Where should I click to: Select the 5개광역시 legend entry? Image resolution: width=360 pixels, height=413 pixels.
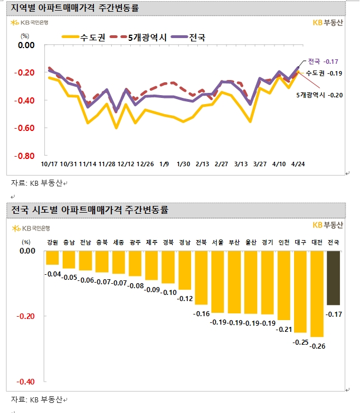135,38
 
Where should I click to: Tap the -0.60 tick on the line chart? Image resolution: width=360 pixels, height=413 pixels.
26,128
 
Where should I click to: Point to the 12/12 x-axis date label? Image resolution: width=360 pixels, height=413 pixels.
126,164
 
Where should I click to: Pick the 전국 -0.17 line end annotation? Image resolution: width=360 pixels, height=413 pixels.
323,62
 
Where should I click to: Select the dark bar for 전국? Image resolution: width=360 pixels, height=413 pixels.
334,278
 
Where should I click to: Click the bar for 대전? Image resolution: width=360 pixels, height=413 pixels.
317,294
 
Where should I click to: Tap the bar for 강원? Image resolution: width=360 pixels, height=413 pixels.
53,257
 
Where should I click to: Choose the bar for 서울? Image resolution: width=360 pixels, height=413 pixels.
217,281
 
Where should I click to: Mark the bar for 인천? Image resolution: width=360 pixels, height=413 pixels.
284,285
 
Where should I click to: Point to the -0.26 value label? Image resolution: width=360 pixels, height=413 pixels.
318,346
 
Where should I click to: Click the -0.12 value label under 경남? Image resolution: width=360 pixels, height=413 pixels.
184,298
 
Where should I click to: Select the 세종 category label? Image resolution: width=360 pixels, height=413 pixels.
119,242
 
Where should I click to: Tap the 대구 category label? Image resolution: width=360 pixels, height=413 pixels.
300,242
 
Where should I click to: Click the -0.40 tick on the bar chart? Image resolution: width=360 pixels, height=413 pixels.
26,382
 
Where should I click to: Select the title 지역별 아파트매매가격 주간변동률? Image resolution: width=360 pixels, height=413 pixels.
75,8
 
